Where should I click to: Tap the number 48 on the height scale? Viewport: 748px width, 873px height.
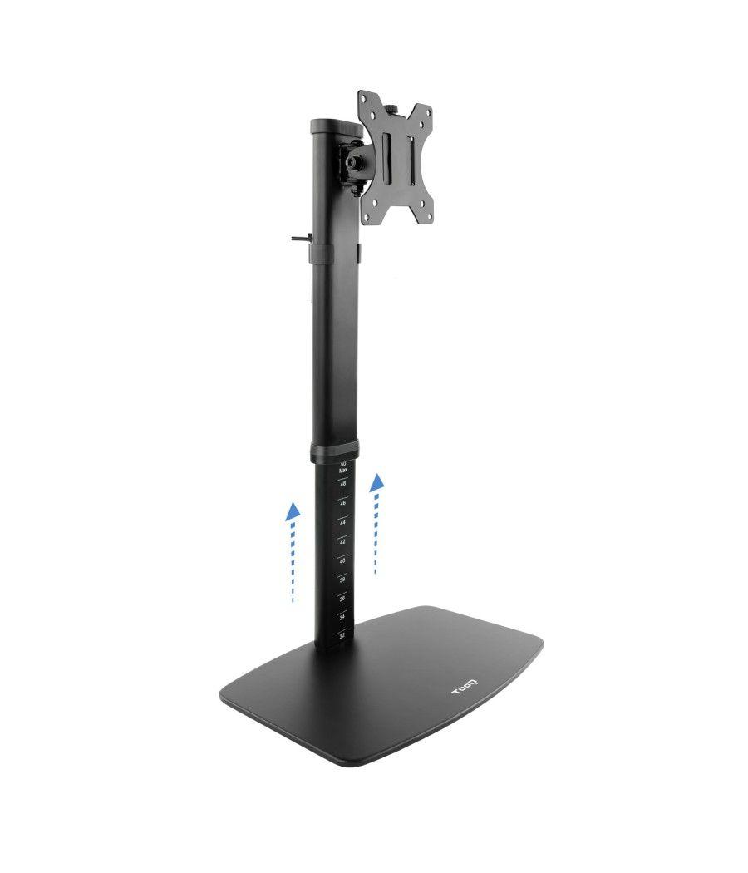pyautogui.click(x=342, y=484)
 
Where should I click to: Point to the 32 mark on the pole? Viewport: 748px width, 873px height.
pyautogui.click(x=342, y=635)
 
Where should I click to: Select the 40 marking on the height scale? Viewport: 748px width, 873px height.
pyautogui.click(x=342, y=560)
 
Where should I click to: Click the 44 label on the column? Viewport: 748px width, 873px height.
pyautogui.click(x=342, y=522)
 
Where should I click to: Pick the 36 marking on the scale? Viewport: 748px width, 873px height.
pyautogui.click(x=342, y=598)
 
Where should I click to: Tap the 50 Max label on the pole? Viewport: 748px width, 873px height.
pyautogui.click(x=342, y=467)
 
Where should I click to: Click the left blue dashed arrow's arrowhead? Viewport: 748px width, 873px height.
pyautogui.click(x=292, y=510)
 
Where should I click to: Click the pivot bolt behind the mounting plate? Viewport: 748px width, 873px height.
pyautogui.click(x=355, y=163)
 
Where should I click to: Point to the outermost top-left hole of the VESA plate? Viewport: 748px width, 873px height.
pyautogui.click(x=365, y=98)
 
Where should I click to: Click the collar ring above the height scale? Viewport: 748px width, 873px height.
pyautogui.click(x=336, y=453)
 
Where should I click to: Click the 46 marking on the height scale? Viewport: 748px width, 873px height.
pyautogui.click(x=342, y=503)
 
